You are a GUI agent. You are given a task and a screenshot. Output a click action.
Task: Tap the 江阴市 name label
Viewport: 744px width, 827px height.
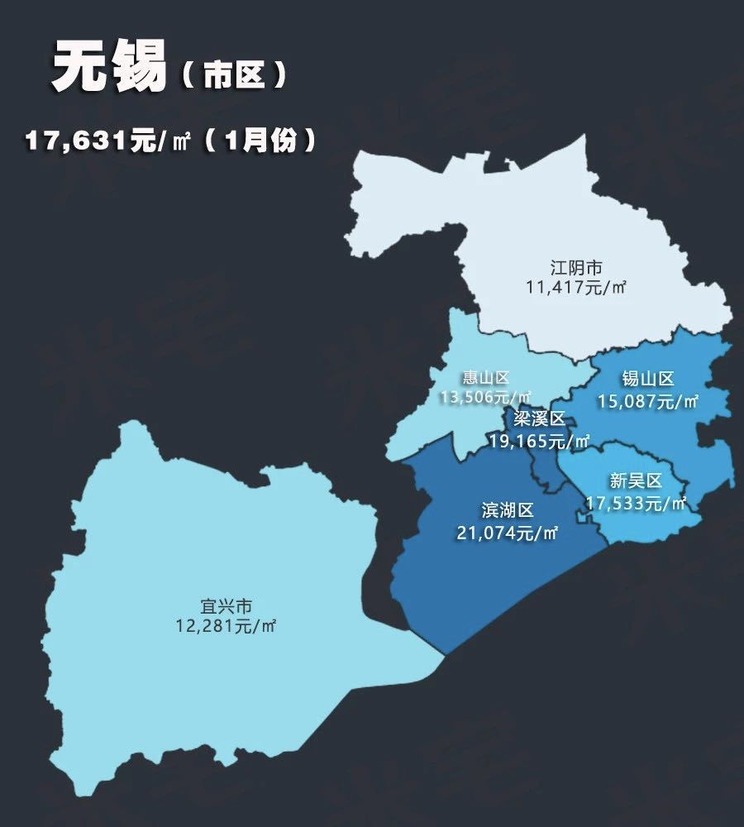click(576, 268)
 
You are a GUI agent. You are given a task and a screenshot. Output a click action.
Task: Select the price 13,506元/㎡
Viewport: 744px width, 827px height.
click(486, 399)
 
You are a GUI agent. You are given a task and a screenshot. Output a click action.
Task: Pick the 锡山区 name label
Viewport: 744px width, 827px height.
click(648, 380)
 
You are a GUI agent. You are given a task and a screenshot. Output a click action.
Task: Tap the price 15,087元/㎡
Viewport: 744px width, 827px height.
click(648, 402)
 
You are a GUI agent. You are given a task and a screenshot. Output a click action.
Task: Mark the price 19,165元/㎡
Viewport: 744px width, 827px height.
click(539, 441)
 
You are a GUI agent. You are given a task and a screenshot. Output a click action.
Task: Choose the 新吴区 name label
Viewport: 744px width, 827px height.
click(636, 481)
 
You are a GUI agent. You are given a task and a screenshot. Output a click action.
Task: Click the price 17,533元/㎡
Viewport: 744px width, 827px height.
click(636, 502)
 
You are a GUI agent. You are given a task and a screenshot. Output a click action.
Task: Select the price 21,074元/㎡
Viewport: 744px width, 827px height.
click(508, 533)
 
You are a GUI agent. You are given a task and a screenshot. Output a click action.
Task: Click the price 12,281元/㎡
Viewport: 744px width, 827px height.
click(225, 626)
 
